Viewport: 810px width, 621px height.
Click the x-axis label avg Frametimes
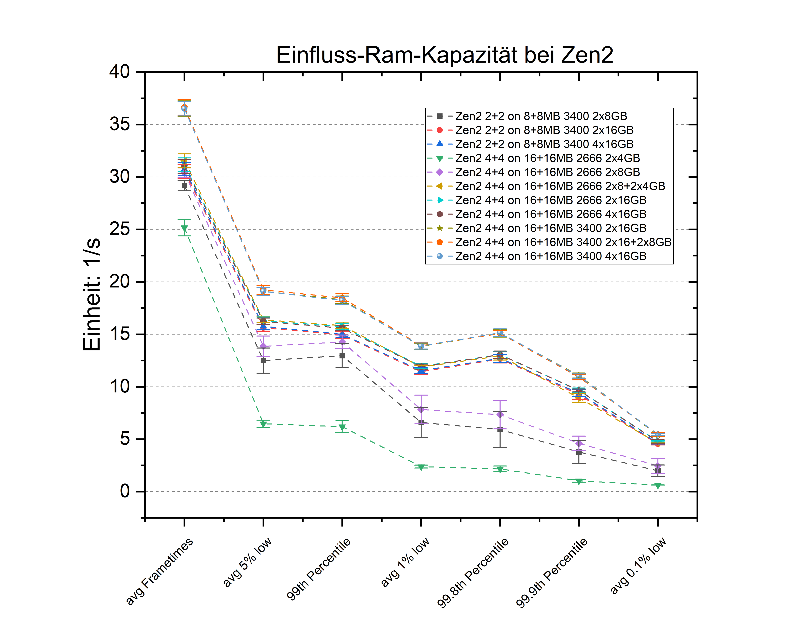tap(159, 571)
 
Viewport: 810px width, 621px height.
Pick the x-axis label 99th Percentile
tap(318, 569)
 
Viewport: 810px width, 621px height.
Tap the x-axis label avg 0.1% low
tap(638, 566)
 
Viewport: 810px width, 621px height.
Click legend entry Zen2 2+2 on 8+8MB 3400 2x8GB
tap(541, 116)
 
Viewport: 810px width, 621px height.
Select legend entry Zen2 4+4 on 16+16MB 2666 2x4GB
tap(547, 158)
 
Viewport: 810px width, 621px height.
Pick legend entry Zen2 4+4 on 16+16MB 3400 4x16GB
tap(551, 256)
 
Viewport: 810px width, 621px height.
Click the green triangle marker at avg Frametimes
tap(184, 229)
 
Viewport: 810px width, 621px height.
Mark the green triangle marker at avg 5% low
tap(263, 424)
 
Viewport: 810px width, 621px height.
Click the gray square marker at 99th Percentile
tap(342, 356)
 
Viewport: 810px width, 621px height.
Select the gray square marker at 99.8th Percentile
tap(500, 430)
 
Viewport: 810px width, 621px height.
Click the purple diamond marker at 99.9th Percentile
tap(579, 443)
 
